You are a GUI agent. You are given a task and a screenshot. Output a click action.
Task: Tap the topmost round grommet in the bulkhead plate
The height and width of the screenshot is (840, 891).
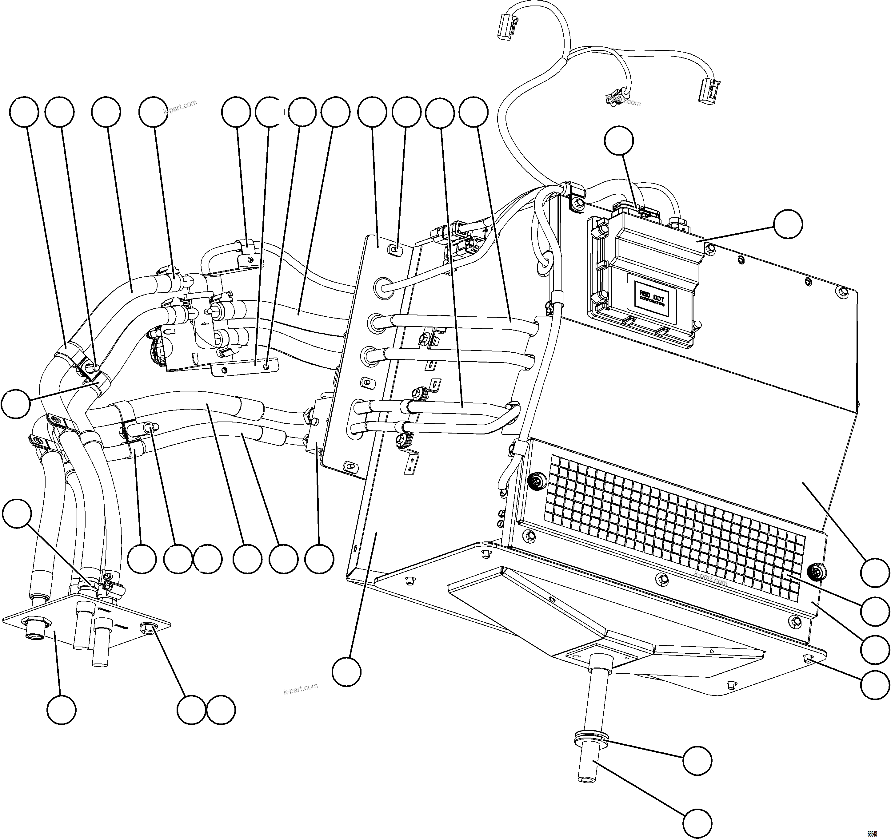point(382,287)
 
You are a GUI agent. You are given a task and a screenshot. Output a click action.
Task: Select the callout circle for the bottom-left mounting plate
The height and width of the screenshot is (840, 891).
point(62,709)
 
